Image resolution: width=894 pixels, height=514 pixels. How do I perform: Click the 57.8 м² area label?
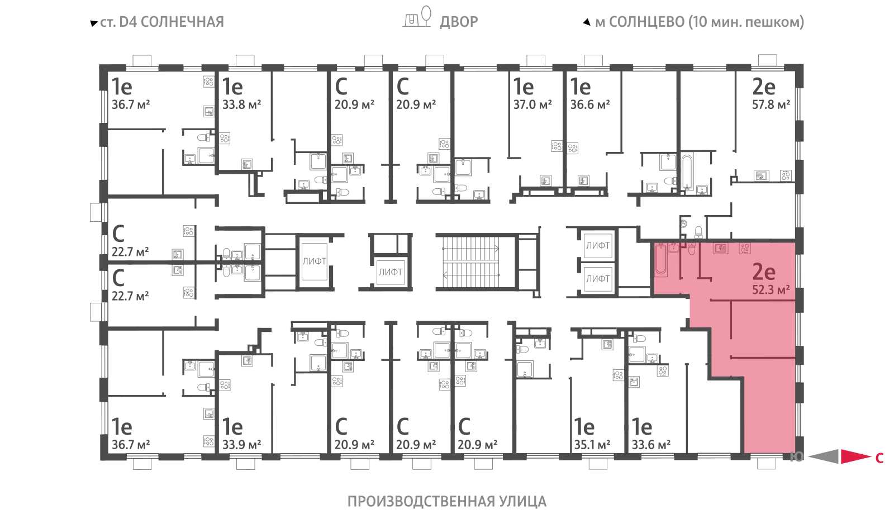(x=771, y=104)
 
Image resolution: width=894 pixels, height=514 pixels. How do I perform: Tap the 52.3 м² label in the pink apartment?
(x=771, y=289)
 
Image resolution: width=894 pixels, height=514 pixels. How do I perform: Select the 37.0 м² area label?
(x=532, y=104)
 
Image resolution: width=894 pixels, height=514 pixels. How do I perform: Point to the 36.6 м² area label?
(x=590, y=104)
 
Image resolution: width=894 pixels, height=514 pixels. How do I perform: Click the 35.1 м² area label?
(x=592, y=444)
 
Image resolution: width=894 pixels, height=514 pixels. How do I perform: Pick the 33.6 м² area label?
(x=651, y=444)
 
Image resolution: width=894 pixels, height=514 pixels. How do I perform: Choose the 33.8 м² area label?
(x=241, y=104)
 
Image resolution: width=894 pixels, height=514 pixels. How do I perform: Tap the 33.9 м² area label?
(x=241, y=444)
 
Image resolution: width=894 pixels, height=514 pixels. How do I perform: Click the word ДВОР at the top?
(x=459, y=22)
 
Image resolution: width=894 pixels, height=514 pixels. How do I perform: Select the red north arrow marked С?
(x=855, y=456)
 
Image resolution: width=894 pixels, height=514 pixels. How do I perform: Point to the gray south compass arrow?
(x=824, y=456)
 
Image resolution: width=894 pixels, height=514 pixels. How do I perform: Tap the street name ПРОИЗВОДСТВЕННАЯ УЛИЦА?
(x=446, y=501)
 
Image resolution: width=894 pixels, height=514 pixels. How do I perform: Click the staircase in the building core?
(x=470, y=262)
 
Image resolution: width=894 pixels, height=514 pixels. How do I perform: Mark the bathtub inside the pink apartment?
(x=661, y=259)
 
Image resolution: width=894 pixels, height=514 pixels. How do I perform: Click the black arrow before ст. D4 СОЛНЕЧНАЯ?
(x=94, y=23)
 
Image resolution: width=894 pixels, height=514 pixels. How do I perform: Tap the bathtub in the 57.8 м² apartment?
(x=687, y=172)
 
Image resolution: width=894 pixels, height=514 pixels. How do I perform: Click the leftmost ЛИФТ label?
(x=314, y=261)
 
